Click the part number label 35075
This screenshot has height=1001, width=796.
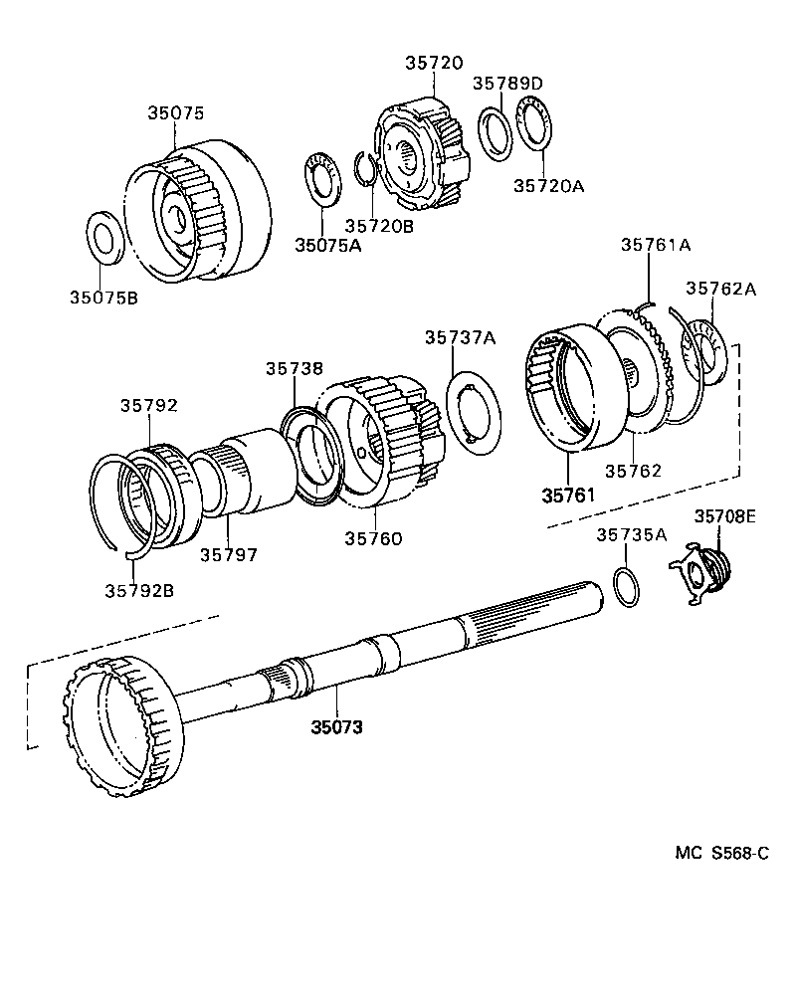[x=176, y=113]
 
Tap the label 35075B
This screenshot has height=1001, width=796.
[x=102, y=296]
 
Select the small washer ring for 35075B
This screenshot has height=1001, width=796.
[x=104, y=237]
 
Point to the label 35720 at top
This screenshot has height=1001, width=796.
[x=433, y=62]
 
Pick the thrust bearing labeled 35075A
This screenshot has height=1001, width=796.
[x=320, y=180]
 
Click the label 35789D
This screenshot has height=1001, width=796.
[x=507, y=84]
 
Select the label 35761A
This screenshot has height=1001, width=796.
[x=656, y=245]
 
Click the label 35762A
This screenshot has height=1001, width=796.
[x=721, y=289]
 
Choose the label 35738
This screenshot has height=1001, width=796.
[x=294, y=368]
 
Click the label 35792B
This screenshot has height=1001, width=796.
[x=138, y=589]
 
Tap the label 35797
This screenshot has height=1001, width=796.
[x=228, y=554]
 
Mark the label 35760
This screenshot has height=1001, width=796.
[x=373, y=538]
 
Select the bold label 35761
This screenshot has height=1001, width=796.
[x=570, y=495]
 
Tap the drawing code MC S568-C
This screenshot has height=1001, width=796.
[x=722, y=853]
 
